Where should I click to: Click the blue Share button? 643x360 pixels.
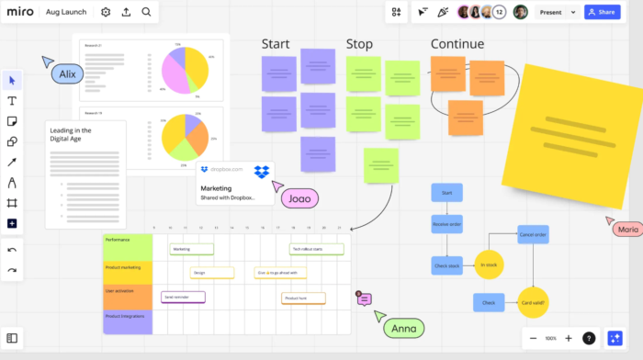(601, 12)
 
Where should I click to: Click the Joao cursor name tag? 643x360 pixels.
(300, 197)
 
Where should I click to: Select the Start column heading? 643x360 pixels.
(276, 44)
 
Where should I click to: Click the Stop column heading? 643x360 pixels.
(359, 44)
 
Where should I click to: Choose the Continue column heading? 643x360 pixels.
(457, 44)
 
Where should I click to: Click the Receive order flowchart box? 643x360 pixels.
(447, 223)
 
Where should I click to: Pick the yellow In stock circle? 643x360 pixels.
(489, 264)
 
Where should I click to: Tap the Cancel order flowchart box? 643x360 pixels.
(533, 234)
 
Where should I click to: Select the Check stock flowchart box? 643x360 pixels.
(447, 264)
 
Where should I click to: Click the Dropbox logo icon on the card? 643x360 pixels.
(262, 171)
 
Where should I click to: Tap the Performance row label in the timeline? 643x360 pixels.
(128, 246)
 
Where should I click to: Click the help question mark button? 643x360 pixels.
(589, 338)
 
